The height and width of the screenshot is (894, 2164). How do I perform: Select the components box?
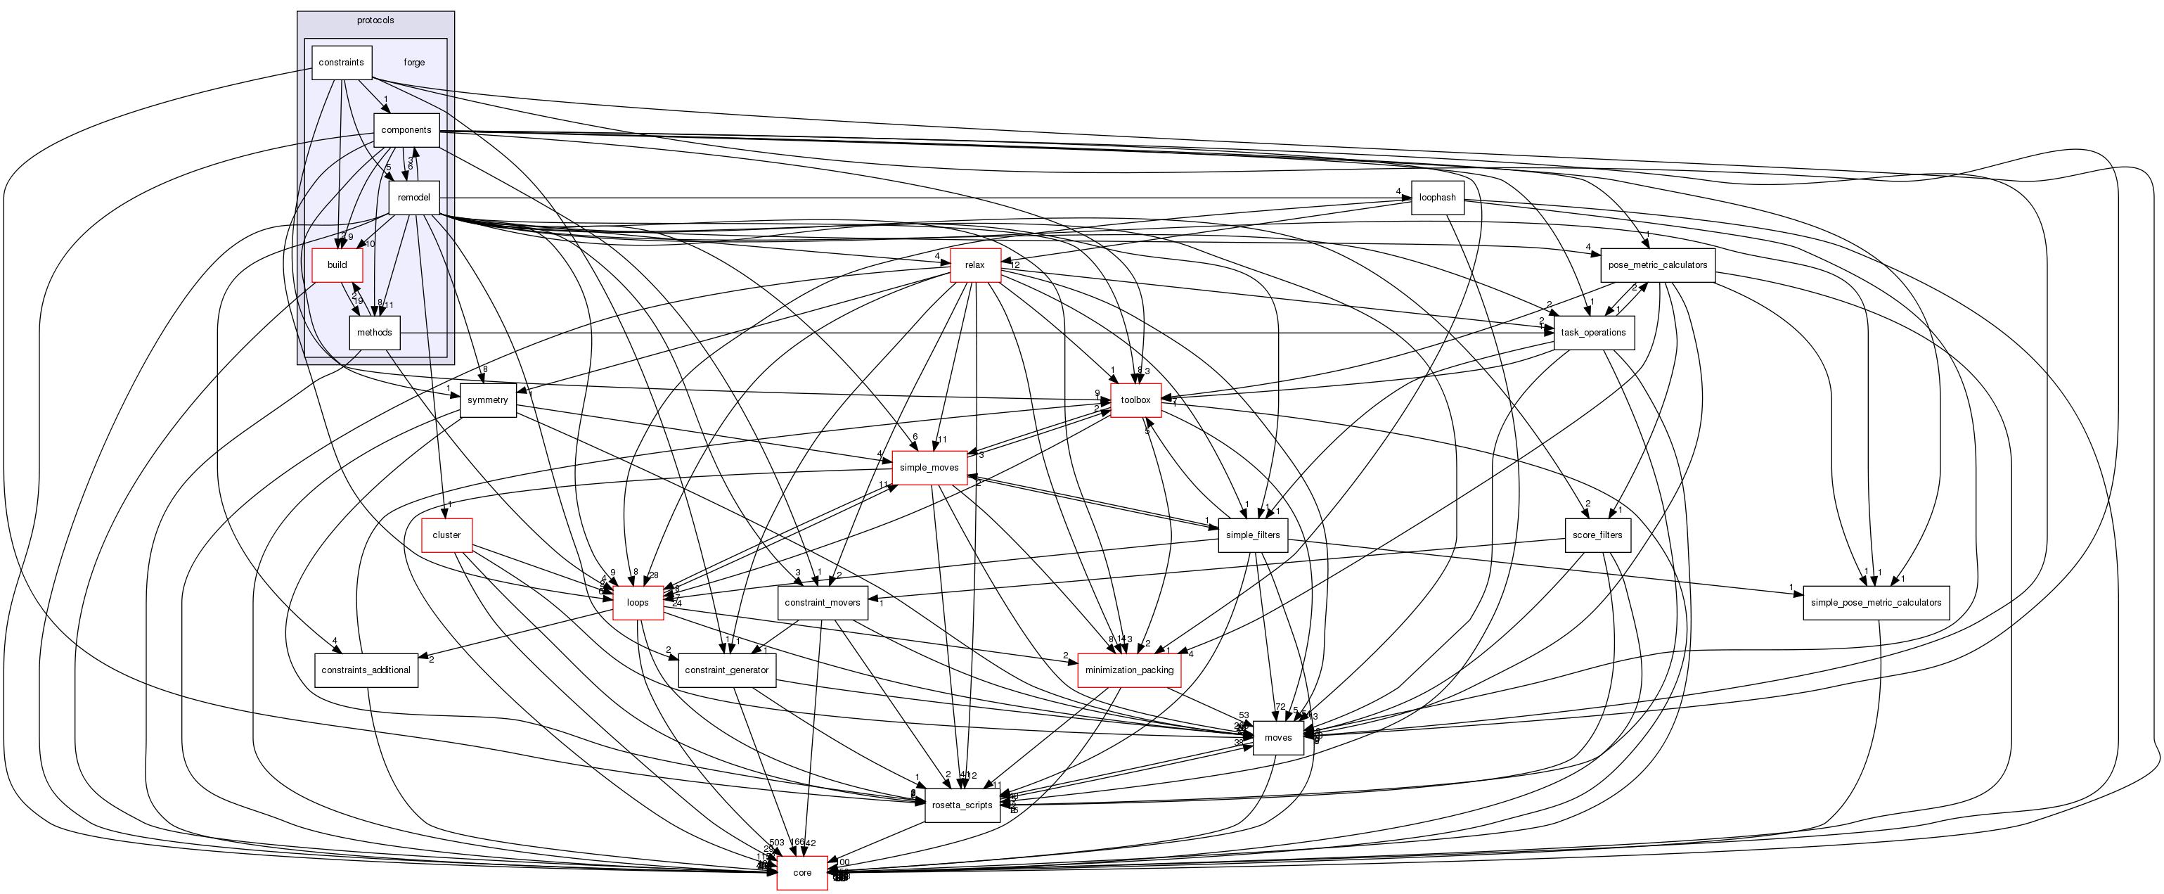(x=406, y=130)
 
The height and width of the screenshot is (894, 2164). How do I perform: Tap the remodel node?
(x=413, y=198)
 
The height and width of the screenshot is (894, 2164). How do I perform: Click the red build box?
(x=337, y=264)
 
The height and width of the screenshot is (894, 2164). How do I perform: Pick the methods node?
(x=374, y=333)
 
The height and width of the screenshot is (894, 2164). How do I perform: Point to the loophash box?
(x=1436, y=198)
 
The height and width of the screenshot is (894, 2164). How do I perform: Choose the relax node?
(x=974, y=264)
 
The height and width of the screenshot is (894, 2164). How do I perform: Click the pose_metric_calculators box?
(x=1656, y=264)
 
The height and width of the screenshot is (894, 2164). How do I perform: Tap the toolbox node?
(x=1135, y=400)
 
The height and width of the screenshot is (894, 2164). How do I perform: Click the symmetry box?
(x=487, y=400)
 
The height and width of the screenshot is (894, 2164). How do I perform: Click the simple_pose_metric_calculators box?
(x=1875, y=602)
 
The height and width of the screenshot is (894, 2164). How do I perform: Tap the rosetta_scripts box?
(x=962, y=805)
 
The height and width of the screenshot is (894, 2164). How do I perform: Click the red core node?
(x=801, y=872)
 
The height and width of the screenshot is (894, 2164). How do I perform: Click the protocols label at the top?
(x=375, y=20)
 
